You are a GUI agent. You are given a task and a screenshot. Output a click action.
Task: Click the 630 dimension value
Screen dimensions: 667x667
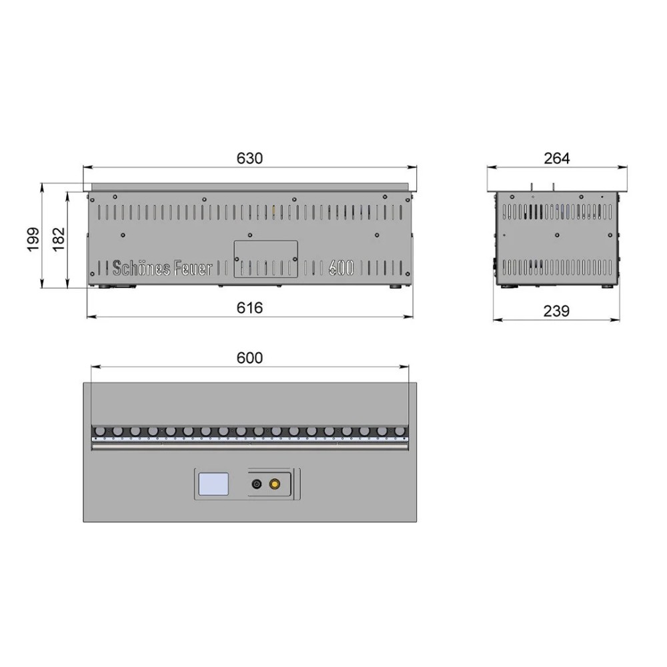249,158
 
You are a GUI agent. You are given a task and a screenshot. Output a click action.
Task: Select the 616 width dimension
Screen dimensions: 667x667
249,307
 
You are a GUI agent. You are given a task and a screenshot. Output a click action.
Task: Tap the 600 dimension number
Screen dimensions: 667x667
249,358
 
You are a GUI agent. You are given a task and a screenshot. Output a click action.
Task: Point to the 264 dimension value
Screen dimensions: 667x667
556,158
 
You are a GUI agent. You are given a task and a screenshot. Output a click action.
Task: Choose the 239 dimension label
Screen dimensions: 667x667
556,311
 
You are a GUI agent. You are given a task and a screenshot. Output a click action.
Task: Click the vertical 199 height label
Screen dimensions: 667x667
33,239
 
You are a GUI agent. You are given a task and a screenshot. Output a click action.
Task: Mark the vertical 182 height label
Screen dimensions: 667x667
59,239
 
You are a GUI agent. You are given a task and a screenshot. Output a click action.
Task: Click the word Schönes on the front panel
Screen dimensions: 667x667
141,268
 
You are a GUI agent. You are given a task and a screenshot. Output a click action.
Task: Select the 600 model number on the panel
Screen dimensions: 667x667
341,268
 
